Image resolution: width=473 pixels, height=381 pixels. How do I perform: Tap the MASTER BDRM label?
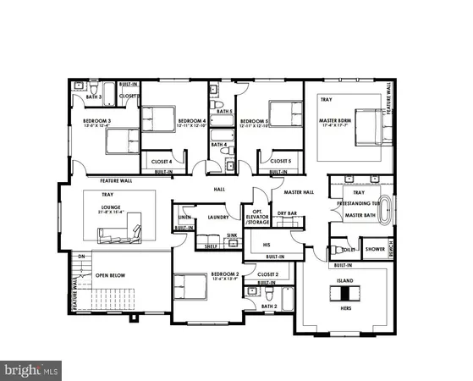click(x=335, y=120)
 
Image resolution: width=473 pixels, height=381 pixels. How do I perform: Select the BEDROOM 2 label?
click(x=224, y=275)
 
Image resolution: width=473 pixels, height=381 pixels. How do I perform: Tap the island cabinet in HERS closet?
click(x=344, y=292)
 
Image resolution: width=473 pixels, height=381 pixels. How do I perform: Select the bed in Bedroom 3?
click(x=123, y=140)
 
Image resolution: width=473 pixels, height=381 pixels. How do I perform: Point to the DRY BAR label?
click(x=286, y=213)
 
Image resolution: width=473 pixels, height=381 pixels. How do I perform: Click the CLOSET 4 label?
click(x=162, y=161)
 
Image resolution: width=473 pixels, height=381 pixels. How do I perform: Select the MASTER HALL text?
click(x=299, y=192)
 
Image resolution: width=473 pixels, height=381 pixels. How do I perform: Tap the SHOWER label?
click(x=375, y=249)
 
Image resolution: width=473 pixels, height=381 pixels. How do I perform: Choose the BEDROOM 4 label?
click(x=192, y=121)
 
